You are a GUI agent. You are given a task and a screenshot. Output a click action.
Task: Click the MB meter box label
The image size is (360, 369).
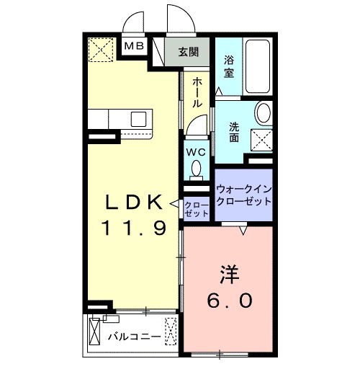[x=135, y=46]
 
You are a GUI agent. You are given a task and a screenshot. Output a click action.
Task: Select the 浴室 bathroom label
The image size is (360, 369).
[x=229, y=67]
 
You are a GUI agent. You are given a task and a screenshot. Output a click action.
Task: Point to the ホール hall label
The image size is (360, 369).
[x=196, y=92]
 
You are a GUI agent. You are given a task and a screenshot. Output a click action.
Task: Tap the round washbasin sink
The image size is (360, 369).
[x=264, y=112]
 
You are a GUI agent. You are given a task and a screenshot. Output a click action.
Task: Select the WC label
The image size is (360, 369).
[x=196, y=153]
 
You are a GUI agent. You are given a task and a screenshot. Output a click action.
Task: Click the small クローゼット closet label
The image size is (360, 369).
[x=196, y=210]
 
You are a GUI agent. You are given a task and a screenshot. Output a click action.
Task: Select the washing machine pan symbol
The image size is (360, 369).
[x=261, y=138]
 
